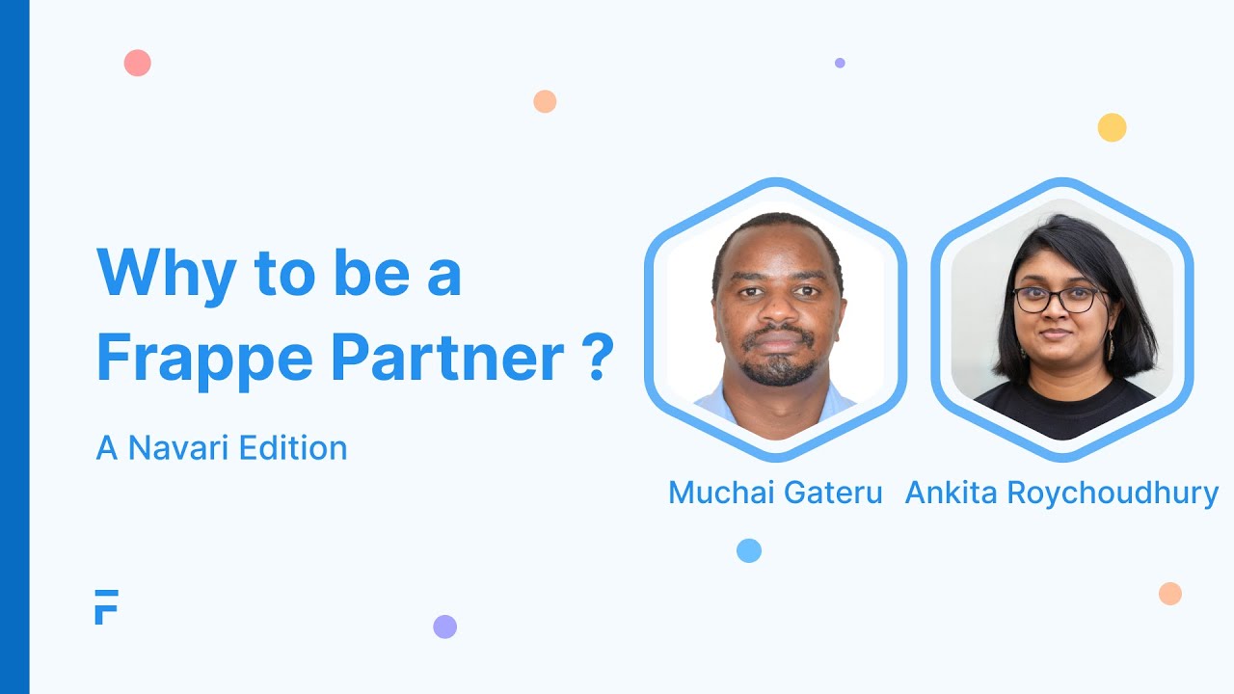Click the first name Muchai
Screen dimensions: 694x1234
(718, 493)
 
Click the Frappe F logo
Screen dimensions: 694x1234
(106, 606)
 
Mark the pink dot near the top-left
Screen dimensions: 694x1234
(138, 64)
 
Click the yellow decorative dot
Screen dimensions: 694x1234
(1112, 127)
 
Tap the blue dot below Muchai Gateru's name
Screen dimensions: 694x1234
(749, 550)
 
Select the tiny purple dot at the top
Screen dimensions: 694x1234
(840, 63)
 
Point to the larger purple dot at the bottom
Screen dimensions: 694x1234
(444, 627)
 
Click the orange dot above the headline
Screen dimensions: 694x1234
(545, 101)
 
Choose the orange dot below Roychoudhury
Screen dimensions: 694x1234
(1169, 594)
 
